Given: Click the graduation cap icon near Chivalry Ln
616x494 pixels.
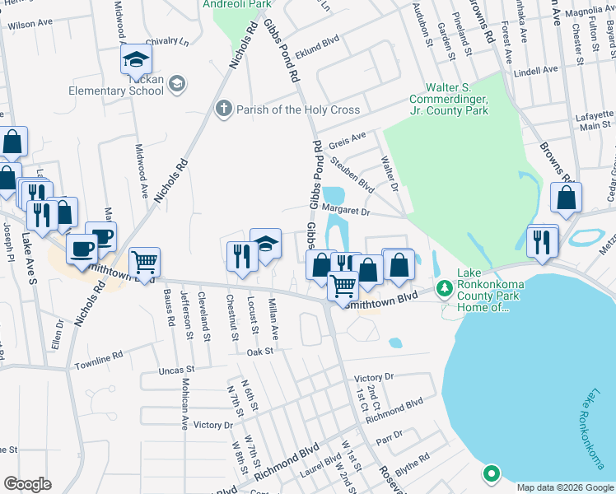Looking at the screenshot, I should click(136, 59).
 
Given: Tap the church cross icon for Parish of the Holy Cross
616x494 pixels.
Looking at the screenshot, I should click(222, 109).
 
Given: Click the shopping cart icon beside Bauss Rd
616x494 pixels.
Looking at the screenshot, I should click(145, 263).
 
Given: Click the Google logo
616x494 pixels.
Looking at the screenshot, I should click(27, 484).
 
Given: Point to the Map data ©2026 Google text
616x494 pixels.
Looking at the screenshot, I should click(564, 487).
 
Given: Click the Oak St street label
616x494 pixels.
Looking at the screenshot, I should click(260, 352).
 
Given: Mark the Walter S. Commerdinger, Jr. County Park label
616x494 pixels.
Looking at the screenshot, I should click(457, 99).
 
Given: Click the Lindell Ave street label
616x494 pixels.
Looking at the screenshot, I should click(536, 72).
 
